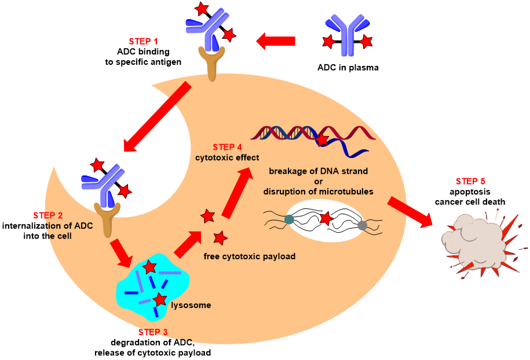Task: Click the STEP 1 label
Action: point(143,42)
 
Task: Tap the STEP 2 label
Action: point(47,216)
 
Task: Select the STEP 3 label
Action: point(153,332)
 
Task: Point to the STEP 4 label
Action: point(227,147)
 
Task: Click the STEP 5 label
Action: point(470,181)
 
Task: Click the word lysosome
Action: point(191,305)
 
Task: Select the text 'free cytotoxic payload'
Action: point(250,256)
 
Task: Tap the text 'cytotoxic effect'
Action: point(227,157)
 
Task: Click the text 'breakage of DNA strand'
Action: point(318,171)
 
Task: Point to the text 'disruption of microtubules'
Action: point(318,192)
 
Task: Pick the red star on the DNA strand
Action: point(322,139)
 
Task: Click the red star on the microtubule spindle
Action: point(326,218)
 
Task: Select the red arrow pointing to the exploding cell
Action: point(411,212)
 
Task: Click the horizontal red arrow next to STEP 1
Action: point(276,41)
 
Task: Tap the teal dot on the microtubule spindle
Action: point(289,219)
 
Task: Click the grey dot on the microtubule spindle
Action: point(363,225)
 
